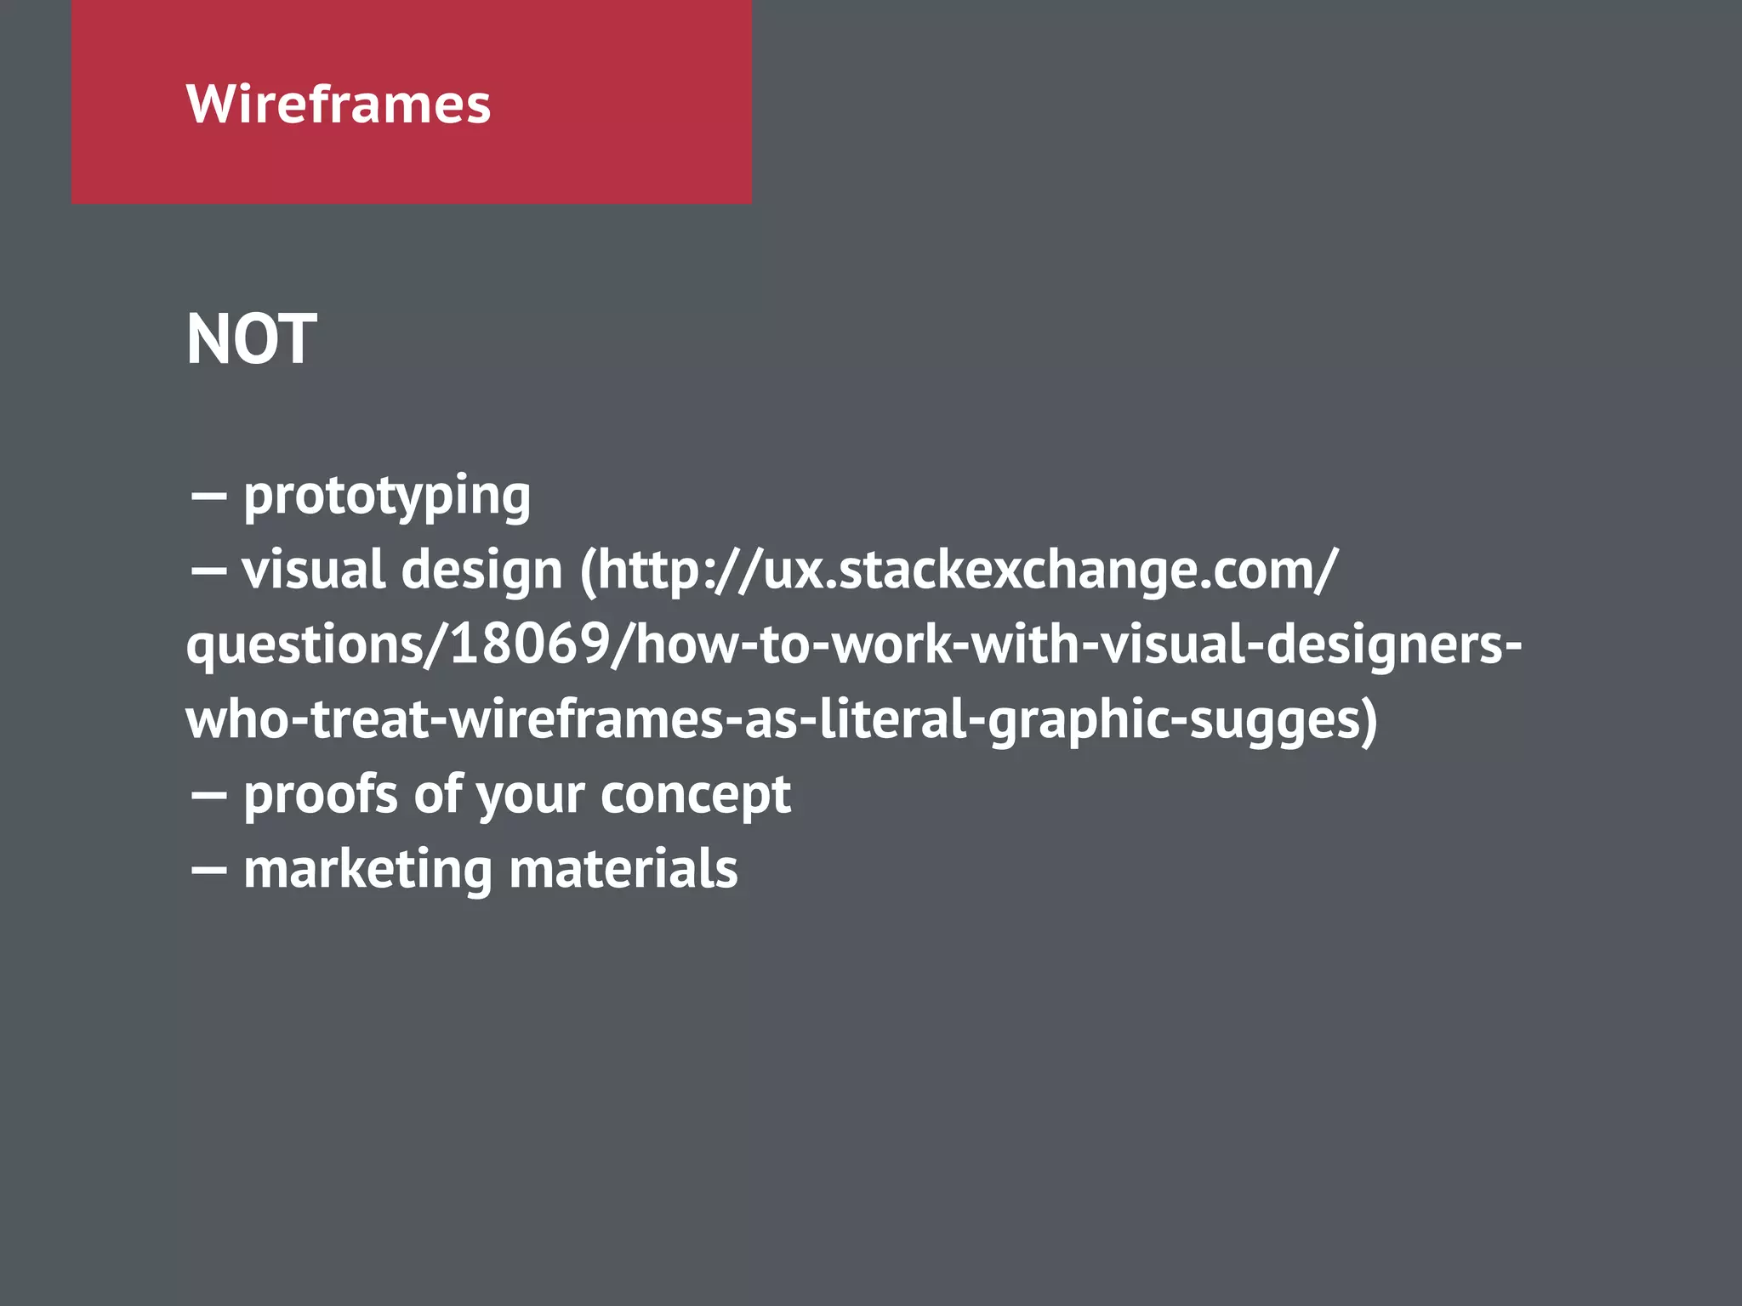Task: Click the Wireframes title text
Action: pyautogui.click(x=339, y=105)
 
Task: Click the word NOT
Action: pyautogui.click(x=252, y=339)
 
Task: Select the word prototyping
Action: pyautogui.click(x=387, y=497)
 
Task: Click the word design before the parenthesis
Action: pyautogui.click(x=481, y=570)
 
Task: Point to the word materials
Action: pyautogui.click(x=623, y=869)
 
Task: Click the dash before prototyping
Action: pyautogui.click(x=208, y=497)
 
